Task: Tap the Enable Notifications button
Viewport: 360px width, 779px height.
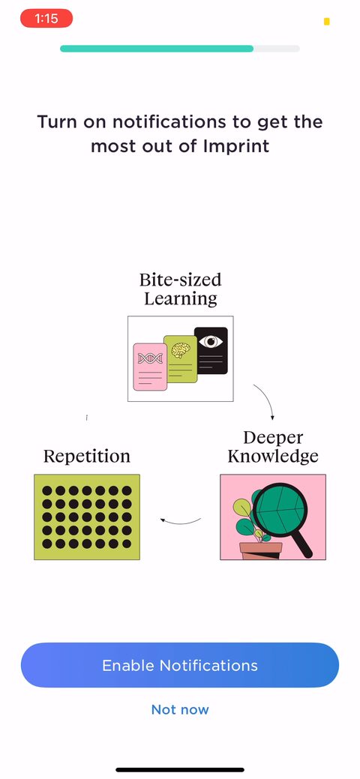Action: (180, 665)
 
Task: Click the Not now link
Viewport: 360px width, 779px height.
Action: (180, 709)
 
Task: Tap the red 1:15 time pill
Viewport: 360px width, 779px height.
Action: (46, 19)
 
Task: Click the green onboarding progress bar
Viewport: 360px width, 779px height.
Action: (157, 49)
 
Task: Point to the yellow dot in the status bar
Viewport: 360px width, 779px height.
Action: (327, 21)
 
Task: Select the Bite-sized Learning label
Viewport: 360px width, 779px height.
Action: (181, 289)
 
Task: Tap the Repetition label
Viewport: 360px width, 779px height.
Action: (87, 456)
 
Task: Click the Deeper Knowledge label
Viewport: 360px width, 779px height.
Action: (273, 447)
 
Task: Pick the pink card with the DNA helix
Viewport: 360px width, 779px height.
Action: (150, 367)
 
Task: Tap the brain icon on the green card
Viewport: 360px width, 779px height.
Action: (181, 349)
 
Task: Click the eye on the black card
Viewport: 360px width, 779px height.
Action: (211, 341)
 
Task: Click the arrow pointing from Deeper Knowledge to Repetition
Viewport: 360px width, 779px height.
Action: (180, 522)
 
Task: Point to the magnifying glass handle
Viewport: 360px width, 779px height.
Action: (301, 546)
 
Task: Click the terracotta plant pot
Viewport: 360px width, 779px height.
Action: (260, 551)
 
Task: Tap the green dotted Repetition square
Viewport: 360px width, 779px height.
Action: (87, 517)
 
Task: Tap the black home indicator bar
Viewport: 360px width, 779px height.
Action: (180, 769)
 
